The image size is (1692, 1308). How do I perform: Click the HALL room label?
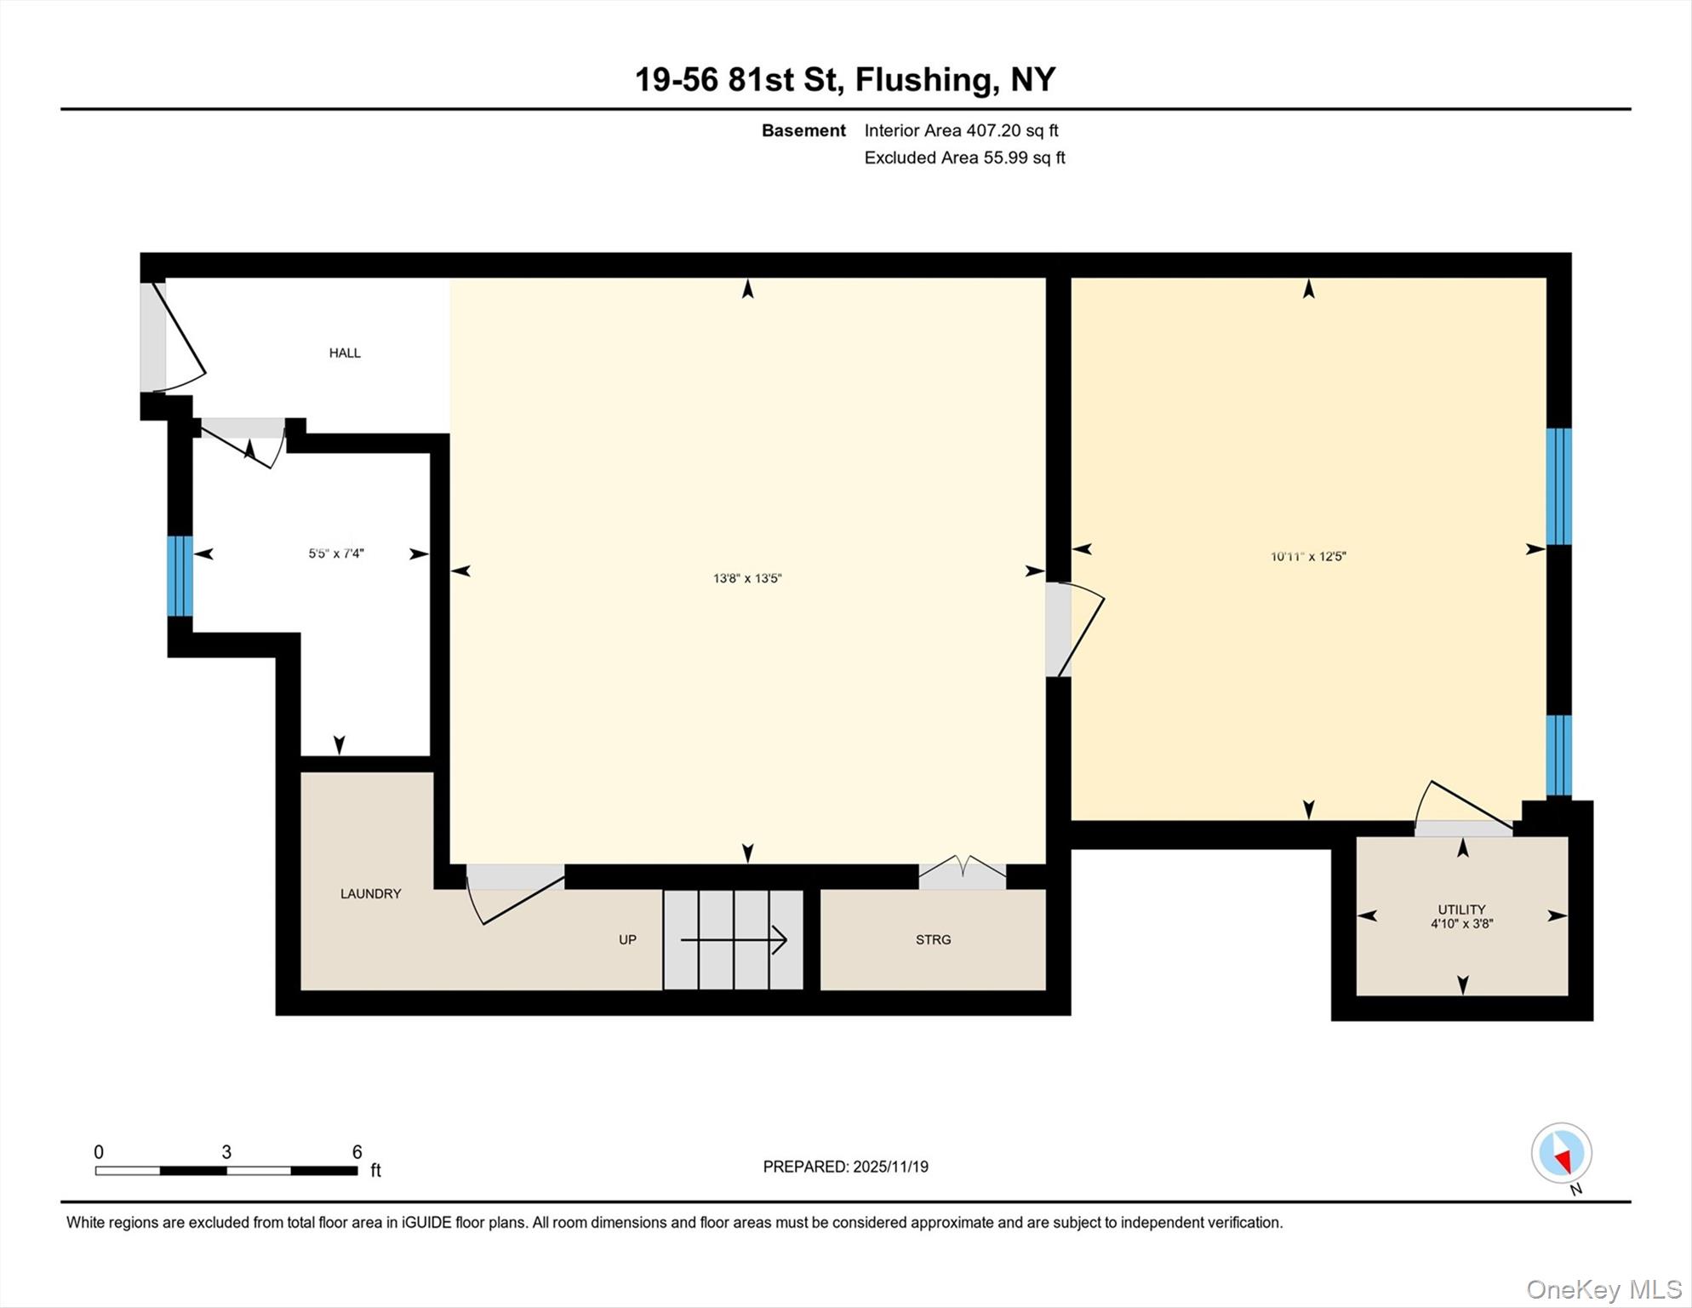pos(345,353)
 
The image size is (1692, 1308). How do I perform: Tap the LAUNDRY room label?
pos(370,893)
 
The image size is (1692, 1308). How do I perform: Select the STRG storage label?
pos(933,939)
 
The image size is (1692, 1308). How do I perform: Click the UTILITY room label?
pos(1461,909)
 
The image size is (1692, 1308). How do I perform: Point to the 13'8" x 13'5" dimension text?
pos(746,578)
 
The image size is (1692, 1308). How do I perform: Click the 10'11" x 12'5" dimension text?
pos(1307,556)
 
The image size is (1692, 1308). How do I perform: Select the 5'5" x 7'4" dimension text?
pos(335,554)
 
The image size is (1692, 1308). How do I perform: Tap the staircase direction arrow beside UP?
pos(733,940)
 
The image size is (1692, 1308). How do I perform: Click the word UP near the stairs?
pos(627,939)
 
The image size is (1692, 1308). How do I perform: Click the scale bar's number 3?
pos(226,1152)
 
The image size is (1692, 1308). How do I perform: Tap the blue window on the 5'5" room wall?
pos(180,576)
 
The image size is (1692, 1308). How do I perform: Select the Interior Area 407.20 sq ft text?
pos(961,130)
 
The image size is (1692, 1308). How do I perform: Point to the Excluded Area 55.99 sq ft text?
pos(964,158)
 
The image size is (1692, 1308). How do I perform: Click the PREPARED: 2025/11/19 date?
pos(845,1167)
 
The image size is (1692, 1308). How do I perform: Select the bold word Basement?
pos(803,130)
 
